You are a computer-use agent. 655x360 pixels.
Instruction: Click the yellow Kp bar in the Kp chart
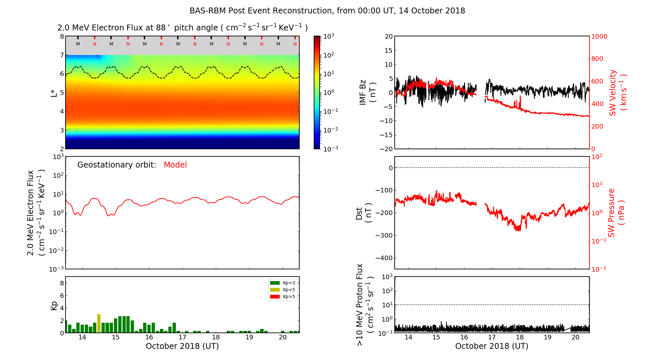(x=99, y=323)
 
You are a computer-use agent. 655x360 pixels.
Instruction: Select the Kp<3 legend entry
(x=283, y=283)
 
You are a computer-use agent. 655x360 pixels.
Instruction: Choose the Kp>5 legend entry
(x=283, y=297)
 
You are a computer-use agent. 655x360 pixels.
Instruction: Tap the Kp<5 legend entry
(x=283, y=290)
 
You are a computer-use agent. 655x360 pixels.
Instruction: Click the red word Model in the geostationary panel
(x=175, y=165)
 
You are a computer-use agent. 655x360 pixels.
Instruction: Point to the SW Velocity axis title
(x=617, y=93)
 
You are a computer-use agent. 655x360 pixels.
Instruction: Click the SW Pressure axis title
(x=616, y=213)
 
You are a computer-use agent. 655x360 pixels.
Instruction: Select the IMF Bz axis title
(x=367, y=93)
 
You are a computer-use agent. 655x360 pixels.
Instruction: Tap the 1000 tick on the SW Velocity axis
(x=599, y=36)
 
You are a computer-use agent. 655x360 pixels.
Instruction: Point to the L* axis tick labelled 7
(x=62, y=55)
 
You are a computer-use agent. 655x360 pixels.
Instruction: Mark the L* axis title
(x=54, y=93)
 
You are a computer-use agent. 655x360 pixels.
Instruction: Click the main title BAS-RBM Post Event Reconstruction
(x=327, y=11)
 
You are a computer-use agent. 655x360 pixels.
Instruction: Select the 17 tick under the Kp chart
(x=182, y=337)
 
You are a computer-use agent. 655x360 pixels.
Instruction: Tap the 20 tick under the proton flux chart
(x=575, y=337)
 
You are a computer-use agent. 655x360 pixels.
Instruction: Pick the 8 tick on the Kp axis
(x=62, y=283)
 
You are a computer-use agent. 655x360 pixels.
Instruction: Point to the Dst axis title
(x=364, y=213)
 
